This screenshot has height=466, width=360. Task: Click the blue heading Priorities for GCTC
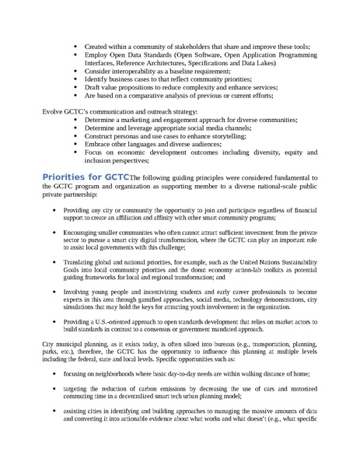(x=86, y=177)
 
